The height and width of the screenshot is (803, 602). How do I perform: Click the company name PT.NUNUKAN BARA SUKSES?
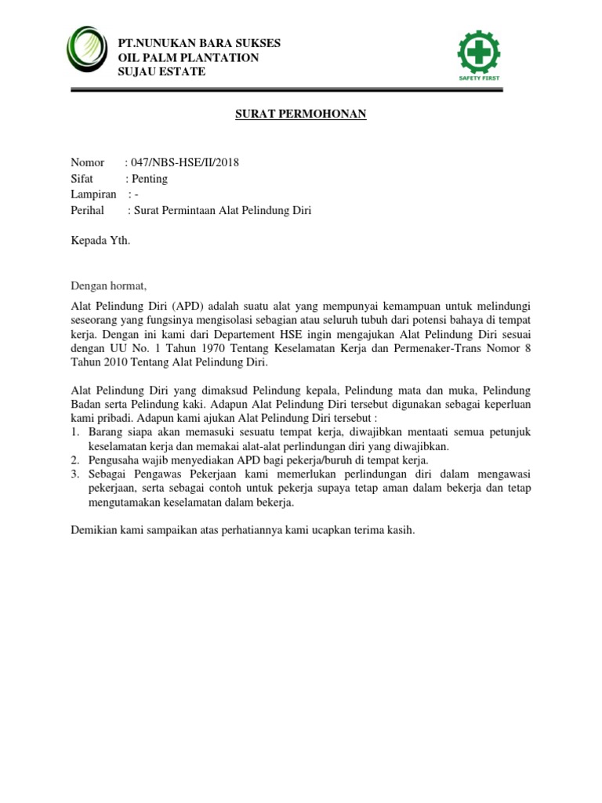[x=198, y=42]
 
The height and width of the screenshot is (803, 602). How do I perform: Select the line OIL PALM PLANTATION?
[x=187, y=57]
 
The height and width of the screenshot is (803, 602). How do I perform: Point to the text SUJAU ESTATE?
[x=161, y=71]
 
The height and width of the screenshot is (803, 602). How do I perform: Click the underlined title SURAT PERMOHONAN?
[x=301, y=114]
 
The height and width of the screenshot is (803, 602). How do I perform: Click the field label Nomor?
[x=87, y=162]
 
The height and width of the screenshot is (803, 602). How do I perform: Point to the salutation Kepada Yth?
[x=100, y=241]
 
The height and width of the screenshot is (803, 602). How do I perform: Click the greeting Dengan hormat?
[x=109, y=285]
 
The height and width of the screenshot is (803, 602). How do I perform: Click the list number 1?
[x=75, y=432]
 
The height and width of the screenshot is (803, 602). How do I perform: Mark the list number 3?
[x=75, y=474]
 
